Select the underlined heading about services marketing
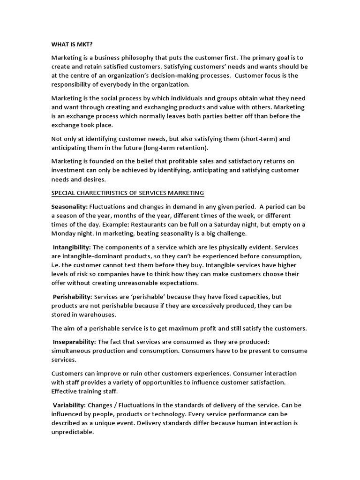127,193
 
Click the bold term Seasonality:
69,207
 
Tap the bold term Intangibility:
72,247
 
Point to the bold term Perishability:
73,297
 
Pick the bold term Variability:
69,405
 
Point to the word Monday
64,233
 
